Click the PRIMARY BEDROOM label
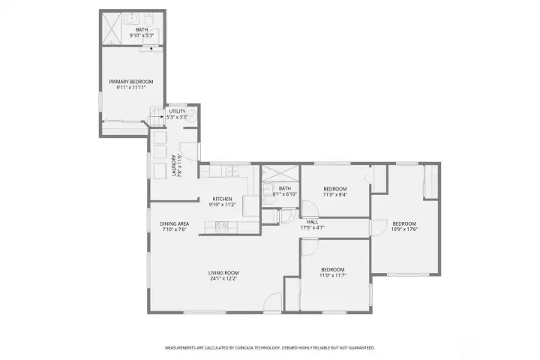click(x=130, y=82)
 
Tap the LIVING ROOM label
click(x=223, y=272)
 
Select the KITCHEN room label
click(x=221, y=199)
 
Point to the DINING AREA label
click(x=174, y=224)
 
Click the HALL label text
click(x=312, y=222)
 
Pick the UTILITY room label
click(x=176, y=112)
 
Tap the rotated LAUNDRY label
click(x=174, y=165)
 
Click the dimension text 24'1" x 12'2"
click(x=223, y=278)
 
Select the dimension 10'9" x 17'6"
click(x=404, y=229)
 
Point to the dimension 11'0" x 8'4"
click(x=334, y=194)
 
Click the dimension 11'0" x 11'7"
click(x=332, y=275)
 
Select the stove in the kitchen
click(x=221, y=225)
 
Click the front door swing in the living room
click(x=273, y=301)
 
